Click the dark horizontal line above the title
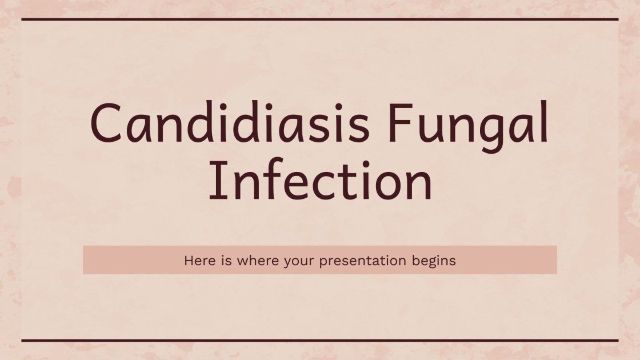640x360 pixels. point(320,19)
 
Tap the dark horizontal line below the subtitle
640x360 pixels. point(320,341)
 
